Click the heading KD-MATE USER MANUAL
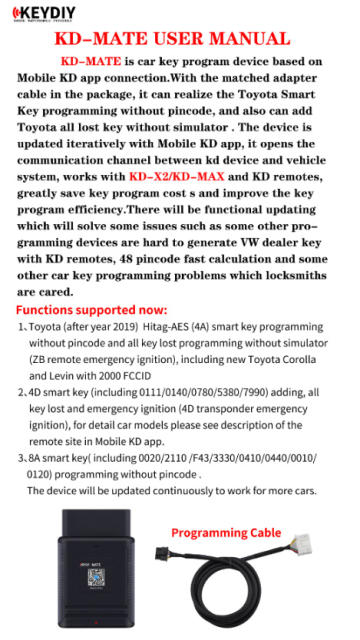click(179, 39)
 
